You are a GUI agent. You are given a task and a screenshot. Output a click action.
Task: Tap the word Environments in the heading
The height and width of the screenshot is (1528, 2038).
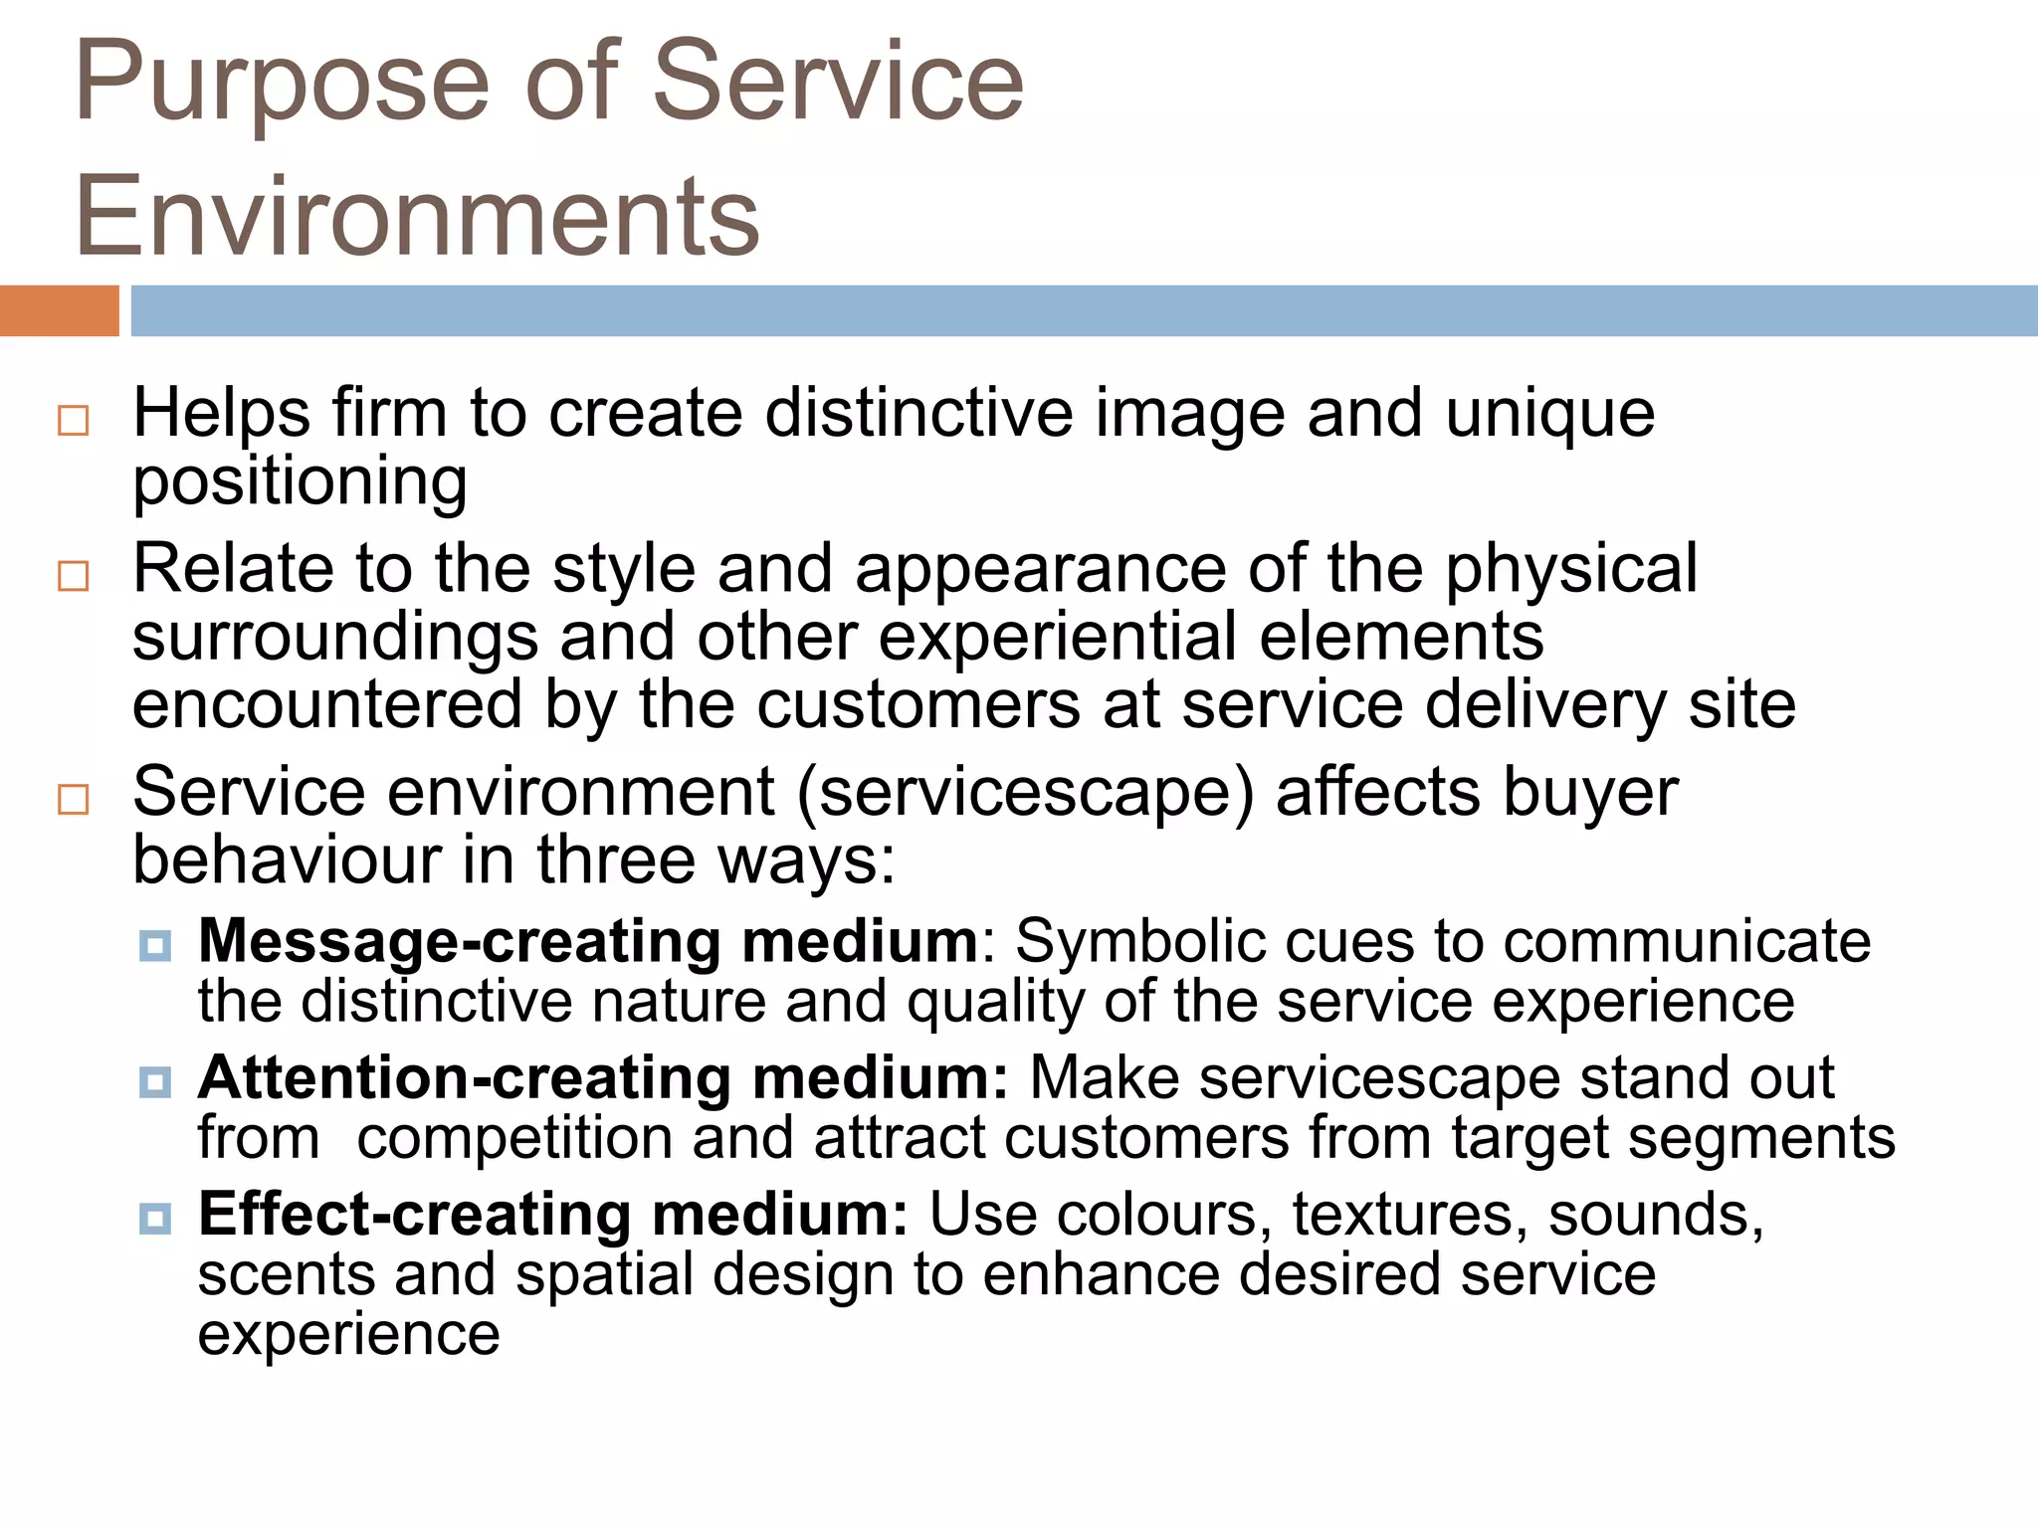[x=417, y=216]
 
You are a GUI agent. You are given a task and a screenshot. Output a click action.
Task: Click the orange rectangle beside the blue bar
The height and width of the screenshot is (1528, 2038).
[x=59, y=310]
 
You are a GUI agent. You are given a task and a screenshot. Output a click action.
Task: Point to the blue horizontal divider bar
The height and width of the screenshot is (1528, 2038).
[x=1084, y=310]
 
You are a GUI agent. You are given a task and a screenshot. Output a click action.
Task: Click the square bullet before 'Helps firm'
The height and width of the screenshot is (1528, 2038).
[x=74, y=421]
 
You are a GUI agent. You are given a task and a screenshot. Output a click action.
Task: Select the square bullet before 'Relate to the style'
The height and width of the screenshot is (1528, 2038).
[x=74, y=576]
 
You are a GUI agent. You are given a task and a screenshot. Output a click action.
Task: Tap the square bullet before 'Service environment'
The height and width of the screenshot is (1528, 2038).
[x=74, y=799]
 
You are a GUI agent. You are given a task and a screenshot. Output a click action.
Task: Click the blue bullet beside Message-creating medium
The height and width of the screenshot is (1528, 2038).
[x=155, y=945]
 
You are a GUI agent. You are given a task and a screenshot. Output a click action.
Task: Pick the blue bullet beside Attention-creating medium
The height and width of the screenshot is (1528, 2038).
[x=155, y=1081]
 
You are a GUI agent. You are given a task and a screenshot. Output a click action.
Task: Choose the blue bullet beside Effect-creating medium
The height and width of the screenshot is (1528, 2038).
[x=155, y=1218]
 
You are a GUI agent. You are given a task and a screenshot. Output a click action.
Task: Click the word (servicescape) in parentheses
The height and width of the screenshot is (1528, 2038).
[x=1026, y=794]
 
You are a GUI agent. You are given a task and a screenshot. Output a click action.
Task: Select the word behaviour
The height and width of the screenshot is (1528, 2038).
[x=288, y=859]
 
